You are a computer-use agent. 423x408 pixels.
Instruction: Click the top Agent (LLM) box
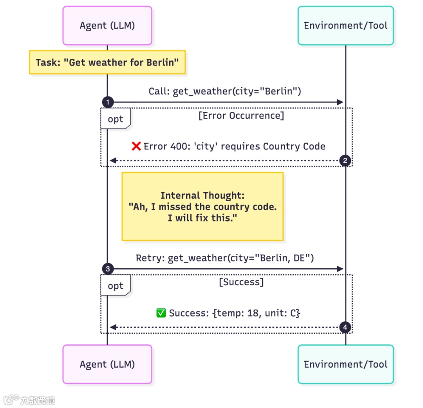tap(107, 25)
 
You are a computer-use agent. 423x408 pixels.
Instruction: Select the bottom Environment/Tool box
tap(345, 364)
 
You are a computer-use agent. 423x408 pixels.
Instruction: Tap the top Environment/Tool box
tap(345, 25)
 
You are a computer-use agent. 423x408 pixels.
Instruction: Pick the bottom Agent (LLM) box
tap(107, 364)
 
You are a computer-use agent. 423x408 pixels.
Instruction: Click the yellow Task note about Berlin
tap(107, 62)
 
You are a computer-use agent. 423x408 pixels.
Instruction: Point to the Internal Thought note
tap(202, 206)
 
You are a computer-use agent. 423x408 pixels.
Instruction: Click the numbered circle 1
tap(107, 102)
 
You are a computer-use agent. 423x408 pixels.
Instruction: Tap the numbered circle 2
tap(345, 160)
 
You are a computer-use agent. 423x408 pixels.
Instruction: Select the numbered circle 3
tap(107, 269)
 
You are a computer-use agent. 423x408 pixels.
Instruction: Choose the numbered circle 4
tap(345, 327)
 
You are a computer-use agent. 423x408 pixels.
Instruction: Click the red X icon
tap(136, 146)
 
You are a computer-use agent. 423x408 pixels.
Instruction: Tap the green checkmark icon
tap(161, 313)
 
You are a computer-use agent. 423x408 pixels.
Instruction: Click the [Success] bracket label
tap(241, 282)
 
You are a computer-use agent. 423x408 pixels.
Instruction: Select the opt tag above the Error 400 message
tap(115, 119)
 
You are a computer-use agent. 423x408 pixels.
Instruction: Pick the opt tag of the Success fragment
tap(115, 286)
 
